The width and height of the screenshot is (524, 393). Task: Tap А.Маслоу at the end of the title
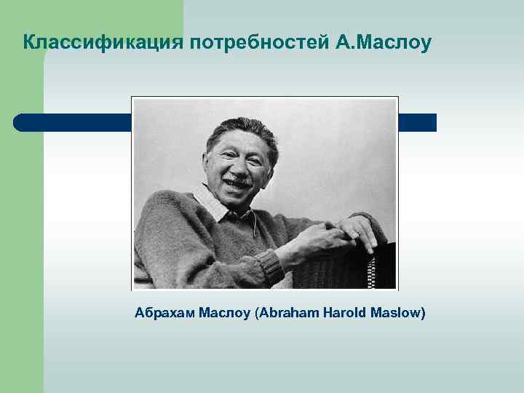[x=384, y=43]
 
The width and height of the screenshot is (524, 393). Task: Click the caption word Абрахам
[x=164, y=314]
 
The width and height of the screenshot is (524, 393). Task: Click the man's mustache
[x=237, y=177]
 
